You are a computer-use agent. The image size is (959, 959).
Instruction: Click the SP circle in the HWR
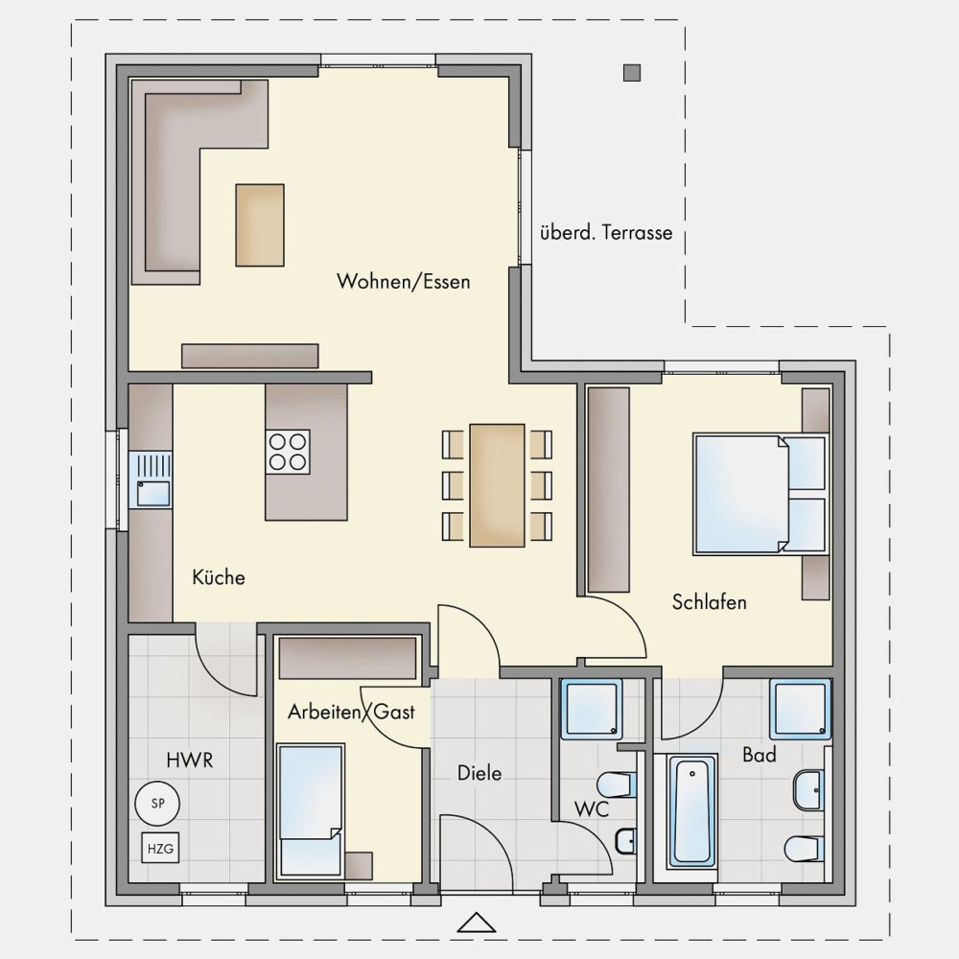point(157,803)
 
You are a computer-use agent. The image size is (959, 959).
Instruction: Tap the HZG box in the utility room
point(160,849)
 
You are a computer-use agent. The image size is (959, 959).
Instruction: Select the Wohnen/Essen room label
point(404,281)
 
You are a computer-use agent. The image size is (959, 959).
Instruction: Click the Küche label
point(219,576)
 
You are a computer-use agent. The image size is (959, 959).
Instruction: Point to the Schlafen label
point(710,602)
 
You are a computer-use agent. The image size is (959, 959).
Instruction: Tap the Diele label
point(479,773)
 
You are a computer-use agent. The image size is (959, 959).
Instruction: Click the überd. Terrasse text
point(606,232)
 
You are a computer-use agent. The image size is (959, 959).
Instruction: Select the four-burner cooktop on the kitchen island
point(288,452)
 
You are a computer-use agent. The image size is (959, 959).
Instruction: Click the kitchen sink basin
point(152,494)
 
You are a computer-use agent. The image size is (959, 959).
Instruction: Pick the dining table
point(497,485)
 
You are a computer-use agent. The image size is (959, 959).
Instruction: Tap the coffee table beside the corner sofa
point(260,225)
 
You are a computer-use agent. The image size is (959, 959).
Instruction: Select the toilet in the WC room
point(617,784)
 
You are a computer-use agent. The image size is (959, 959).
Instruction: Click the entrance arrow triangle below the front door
point(477,923)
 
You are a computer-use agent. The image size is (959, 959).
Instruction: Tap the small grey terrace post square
point(632,73)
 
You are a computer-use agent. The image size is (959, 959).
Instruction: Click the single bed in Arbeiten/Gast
point(310,810)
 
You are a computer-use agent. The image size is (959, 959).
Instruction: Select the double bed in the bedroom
point(760,494)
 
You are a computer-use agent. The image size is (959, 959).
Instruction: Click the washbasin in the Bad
point(808,790)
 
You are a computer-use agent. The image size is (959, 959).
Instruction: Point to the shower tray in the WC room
point(592,709)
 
